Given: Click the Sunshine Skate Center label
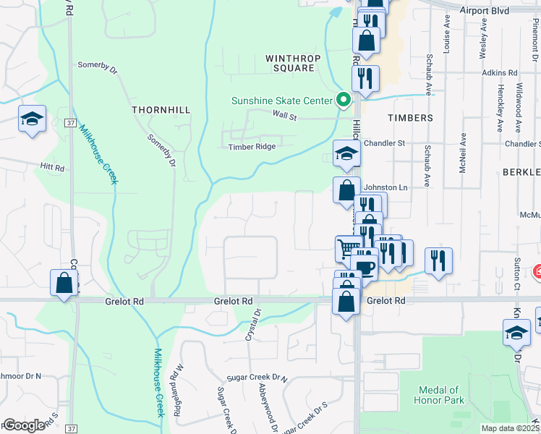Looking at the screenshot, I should (281, 101).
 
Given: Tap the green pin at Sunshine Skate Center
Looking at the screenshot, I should (344, 101).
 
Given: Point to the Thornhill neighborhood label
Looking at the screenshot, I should (161, 109).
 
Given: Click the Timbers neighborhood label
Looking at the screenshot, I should (410, 117).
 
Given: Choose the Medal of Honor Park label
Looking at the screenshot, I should (437, 395).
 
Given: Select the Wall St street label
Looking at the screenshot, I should (285, 114).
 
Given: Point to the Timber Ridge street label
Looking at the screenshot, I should (252, 146).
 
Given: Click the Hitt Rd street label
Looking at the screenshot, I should (53, 167).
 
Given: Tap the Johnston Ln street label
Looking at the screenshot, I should (385, 187).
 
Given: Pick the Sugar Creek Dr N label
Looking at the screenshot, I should (257, 378).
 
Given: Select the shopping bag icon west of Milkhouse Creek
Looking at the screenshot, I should (64, 283).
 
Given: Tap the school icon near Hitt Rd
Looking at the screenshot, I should (32, 119).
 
